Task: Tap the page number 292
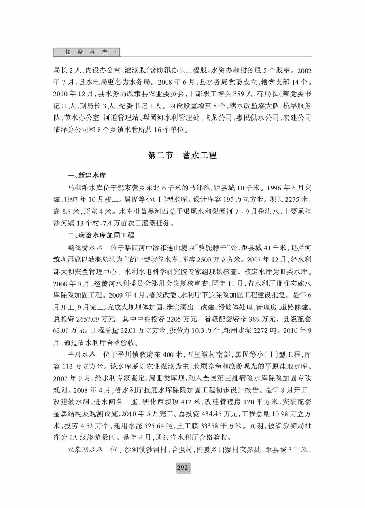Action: point(182,468)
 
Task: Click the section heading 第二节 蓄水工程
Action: point(182,155)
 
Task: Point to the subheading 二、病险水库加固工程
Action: point(102,235)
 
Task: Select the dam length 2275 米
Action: point(296,199)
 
